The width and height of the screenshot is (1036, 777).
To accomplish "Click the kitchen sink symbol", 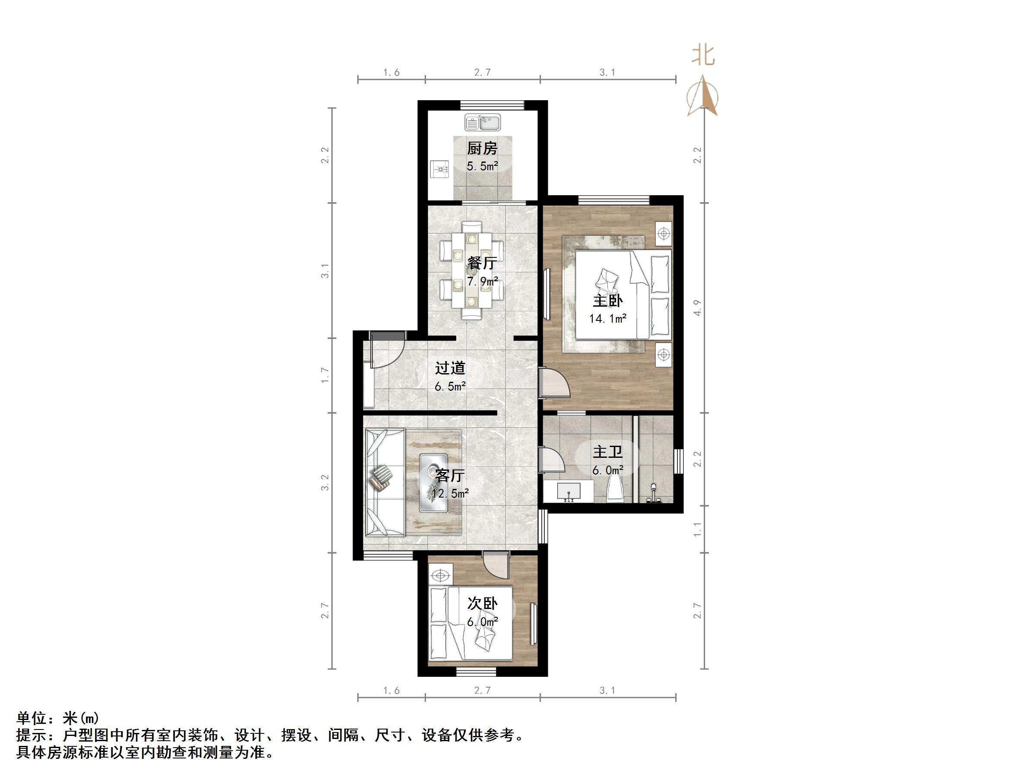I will coord(483,123).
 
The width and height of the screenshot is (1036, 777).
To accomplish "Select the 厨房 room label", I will coord(482,149).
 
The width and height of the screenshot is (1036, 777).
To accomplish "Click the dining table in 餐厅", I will coord(471,271).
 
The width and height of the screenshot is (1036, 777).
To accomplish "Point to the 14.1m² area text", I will coord(607,319).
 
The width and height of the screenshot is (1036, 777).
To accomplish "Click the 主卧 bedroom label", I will coord(607,301).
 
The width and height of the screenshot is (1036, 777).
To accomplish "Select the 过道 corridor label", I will coord(450,368).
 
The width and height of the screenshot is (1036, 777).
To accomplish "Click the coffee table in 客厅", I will coord(434,483).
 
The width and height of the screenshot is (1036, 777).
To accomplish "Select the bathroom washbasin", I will coord(569,492).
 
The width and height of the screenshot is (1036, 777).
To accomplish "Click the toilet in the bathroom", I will coord(614,490).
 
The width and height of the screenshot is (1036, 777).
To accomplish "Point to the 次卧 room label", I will coord(482,604).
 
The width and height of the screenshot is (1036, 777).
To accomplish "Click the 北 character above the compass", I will coord(702,55).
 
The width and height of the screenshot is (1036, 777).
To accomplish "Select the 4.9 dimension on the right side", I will coord(697,308).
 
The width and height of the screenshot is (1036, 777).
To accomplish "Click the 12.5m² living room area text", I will coord(450,493).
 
